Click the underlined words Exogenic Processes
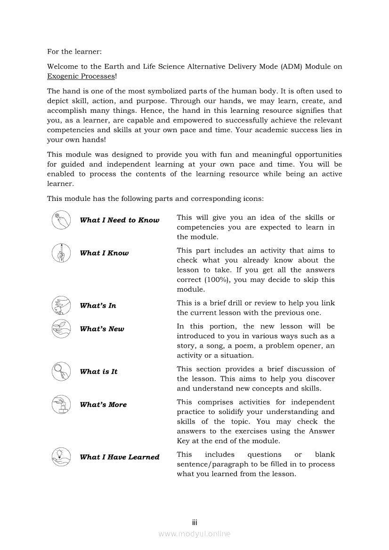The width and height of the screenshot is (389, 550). tap(81, 76)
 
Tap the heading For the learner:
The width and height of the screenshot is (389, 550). tap(74, 51)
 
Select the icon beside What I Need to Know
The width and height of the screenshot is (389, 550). tap(61, 220)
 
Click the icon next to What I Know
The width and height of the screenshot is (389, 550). tap(61, 253)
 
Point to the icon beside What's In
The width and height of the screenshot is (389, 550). tap(61, 305)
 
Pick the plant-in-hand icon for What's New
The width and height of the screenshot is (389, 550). tap(61, 328)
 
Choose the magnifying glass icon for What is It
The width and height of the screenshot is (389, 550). tap(61, 371)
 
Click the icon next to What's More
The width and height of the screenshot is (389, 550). tap(61, 404)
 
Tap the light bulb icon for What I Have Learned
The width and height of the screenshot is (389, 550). tap(61, 456)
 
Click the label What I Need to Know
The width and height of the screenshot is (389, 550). tap(120, 220)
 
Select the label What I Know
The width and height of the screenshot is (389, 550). tap(104, 253)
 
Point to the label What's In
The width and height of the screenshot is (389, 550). tap(98, 306)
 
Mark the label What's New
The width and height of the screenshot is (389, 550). tap(102, 329)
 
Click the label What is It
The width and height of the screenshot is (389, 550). tap(99, 372)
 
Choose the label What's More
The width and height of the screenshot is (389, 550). tap(103, 405)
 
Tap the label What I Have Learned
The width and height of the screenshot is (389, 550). tap(120, 457)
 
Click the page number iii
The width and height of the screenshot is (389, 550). tap(194, 522)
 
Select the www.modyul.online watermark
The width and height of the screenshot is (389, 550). tap(194, 534)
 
